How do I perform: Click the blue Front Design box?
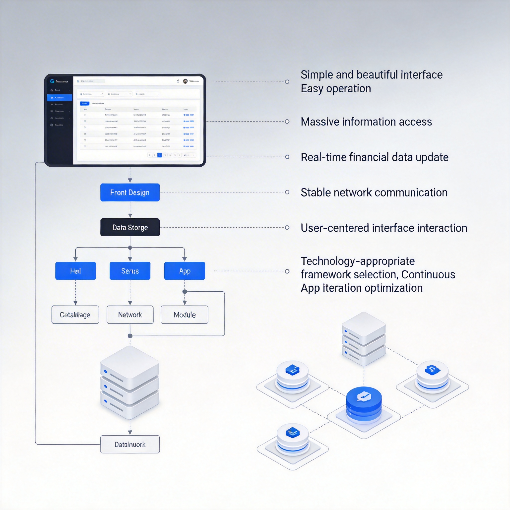pos(130,192)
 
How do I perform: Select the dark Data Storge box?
pos(130,227)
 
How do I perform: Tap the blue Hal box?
pos(75,271)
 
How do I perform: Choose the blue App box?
pos(185,271)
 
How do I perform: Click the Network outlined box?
pos(130,315)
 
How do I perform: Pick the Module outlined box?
pos(185,315)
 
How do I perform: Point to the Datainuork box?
pos(130,445)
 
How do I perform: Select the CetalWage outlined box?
pos(75,315)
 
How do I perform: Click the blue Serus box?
pos(130,271)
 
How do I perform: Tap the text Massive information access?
pos(366,122)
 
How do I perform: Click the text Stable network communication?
pos(374,193)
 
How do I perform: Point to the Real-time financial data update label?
pos(375,157)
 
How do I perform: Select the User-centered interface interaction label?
pos(384,228)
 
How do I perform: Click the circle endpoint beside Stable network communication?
pos(287,192)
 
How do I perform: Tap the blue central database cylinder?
pos(364,404)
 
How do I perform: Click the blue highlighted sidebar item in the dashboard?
pos(60,98)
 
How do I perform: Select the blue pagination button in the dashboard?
pos(159,155)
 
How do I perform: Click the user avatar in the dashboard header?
pos(185,81)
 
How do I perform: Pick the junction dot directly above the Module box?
pos(185,292)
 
